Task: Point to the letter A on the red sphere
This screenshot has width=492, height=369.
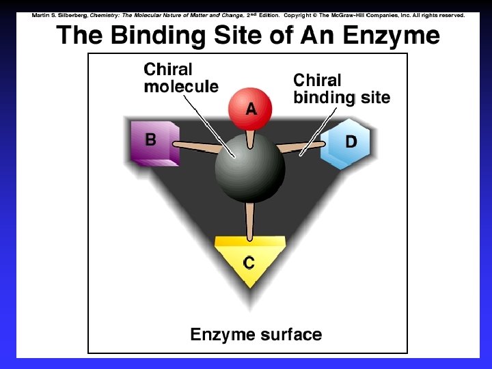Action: pos(251,109)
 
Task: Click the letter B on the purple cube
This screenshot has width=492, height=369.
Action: pos(150,139)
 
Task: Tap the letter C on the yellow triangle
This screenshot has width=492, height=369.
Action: pos(249,262)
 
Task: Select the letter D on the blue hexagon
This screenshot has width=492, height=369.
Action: pos(351,141)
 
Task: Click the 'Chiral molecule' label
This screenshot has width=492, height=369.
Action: pos(180,78)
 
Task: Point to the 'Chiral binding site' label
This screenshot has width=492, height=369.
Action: pos(341,89)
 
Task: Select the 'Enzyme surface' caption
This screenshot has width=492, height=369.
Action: pos(256,335)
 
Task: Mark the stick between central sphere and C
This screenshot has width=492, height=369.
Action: pos(249,218)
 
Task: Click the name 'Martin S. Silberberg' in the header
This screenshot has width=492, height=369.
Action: pos(59,15)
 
